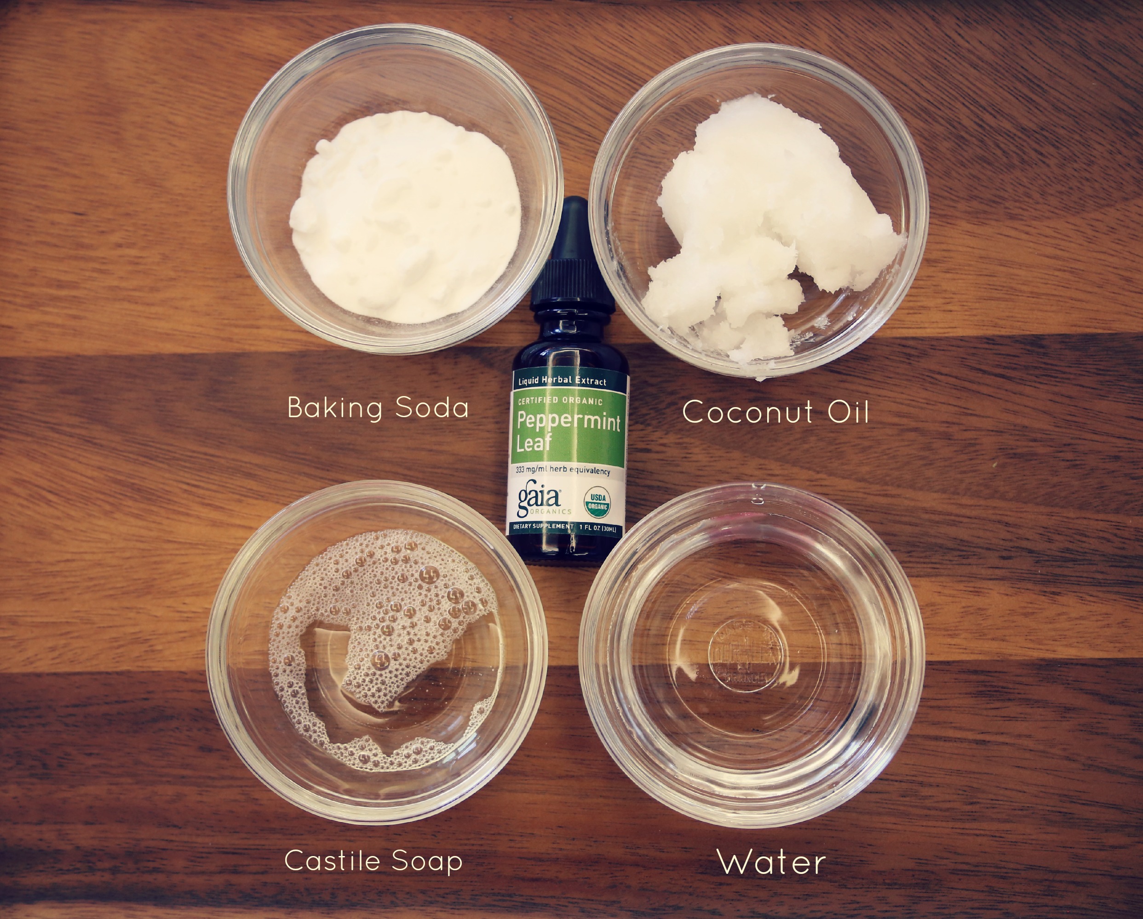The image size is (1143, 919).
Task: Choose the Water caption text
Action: pyautogui.click(x=771, y=862)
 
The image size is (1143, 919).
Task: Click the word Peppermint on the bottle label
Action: pyautogui.click(x=569, y=422)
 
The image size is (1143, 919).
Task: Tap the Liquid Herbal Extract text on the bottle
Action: pyautogui.click(x=562, y=381)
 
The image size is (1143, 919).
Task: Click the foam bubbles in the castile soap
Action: pyautogui.click(x=382, y=594)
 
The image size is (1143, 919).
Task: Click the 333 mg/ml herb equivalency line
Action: pyautogui.click(x=563, y=470)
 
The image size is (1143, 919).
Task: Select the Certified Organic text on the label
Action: pyautogui.click(x=560, y=402)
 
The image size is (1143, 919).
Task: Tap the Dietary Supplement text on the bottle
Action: pyautogui.click(x=541, y=527)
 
